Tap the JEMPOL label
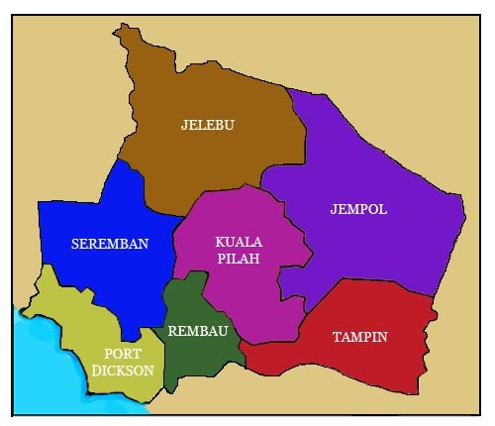[358, 210]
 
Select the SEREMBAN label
[110, 244]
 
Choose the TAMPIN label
[360, 337]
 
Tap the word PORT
[124, 353]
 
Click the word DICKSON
[124, 371]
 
